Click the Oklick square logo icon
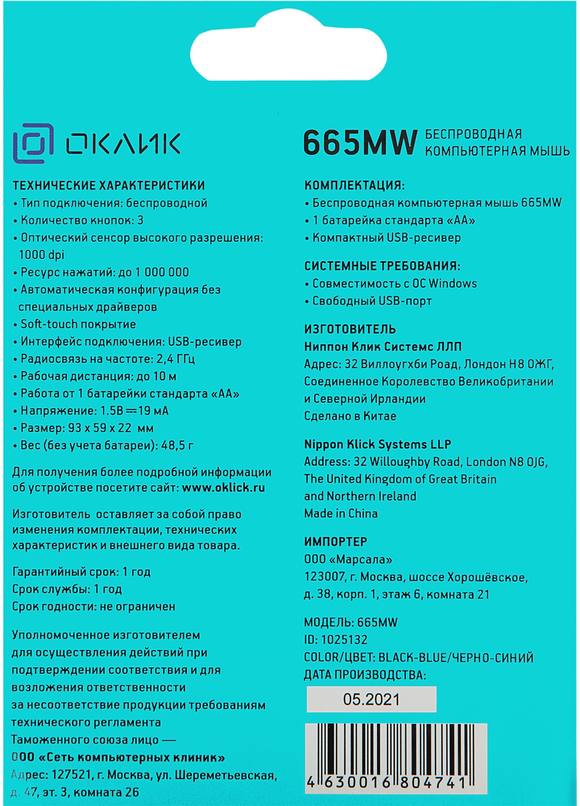coord(33,143)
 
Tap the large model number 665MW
coord(360,143)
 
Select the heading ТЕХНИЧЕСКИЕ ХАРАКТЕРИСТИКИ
coord(108,185)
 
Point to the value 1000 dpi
coord(41,255)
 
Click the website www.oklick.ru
coord(223,488)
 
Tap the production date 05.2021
coord(371,699)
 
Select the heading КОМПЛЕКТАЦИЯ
coord(354,185)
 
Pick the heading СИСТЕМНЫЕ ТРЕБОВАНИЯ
coord(382,266)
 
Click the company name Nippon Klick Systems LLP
coord(378,444)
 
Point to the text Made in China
coord(340,513)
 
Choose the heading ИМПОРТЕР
coord(336,542)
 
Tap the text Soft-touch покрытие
coord(78,324)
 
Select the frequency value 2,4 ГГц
coord(176,358)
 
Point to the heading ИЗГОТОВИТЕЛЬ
coord(350,329)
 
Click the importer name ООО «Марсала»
coord(348,559)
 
